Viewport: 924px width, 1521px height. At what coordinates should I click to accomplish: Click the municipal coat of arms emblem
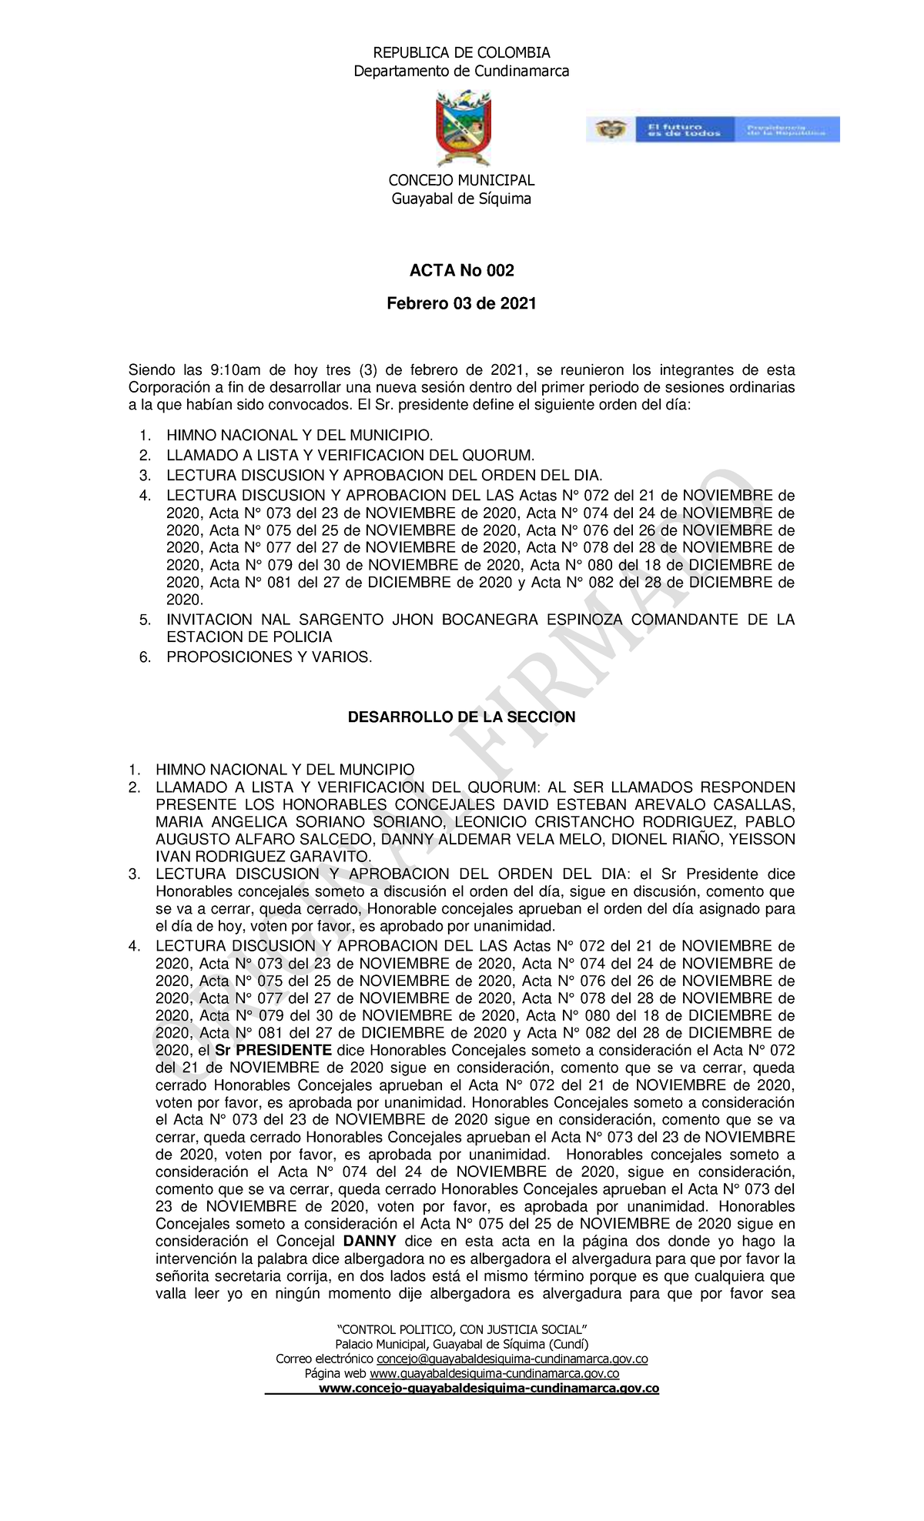click(464, 129)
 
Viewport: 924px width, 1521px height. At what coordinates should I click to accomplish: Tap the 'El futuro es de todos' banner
click(712, 129)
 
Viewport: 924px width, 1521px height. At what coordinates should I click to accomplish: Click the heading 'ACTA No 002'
click(461, 270)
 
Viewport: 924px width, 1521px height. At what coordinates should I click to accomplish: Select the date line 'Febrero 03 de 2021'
click(461, 303)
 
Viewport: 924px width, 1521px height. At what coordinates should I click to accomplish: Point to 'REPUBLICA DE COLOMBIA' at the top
click(461, 52)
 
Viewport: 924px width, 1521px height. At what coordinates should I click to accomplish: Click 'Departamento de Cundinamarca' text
click(461, 72)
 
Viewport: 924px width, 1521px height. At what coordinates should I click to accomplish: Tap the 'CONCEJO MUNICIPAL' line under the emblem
click(461, 180)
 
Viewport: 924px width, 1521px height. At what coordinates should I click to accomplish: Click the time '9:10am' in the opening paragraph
click(235, 370)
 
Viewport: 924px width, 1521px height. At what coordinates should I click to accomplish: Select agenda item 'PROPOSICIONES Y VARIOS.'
click(269, 657)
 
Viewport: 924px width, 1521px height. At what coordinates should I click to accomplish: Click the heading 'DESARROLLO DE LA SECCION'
click(461, 717)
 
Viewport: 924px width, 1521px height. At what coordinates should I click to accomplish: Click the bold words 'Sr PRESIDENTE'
click(273, 1051)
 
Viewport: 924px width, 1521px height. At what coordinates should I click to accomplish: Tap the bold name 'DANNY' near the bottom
click(370, 1241)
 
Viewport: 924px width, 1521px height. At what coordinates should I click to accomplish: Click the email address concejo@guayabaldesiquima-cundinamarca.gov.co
click(512, 1359)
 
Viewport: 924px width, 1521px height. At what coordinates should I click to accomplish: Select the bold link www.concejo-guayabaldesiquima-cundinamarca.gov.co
click(489, 1389)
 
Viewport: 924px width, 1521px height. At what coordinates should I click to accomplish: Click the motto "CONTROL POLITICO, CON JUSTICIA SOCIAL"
click(462, 1329)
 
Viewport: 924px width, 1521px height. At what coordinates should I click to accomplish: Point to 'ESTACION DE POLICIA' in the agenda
click(249, 637)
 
